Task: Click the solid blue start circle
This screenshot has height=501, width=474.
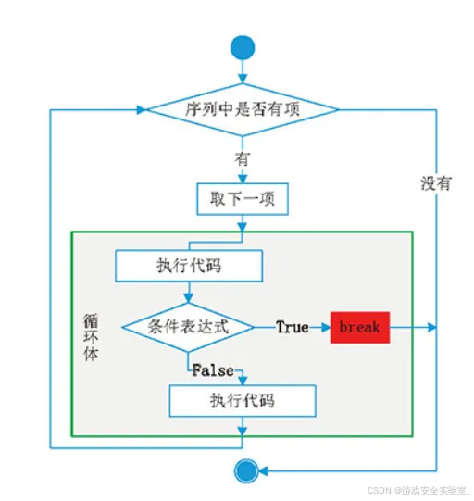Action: tap(243, 47)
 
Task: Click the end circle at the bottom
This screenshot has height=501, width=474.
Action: tap(246, 471)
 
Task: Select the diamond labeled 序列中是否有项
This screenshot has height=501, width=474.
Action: tap(243, 109)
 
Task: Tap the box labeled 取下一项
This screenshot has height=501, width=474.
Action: tap(243, 199)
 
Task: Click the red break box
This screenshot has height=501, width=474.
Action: tap(360, 328)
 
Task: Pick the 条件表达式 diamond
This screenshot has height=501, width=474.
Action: tap(188, 327)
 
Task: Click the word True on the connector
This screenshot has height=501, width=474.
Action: tap(293, 327)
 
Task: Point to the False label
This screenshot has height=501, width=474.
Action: tap(213, 370)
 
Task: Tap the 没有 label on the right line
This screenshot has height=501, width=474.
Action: tap(436, 183)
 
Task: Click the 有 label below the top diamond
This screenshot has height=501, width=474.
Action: tap(243, 158)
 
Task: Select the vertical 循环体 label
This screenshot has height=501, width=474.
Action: tap(91, 337)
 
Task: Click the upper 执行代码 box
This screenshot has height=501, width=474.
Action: tap(189, 266)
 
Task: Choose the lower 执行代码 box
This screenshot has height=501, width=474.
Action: tap(243, 401)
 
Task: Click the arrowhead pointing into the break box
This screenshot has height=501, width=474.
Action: tap(326, 328)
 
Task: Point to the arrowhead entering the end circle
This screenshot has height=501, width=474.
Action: tap(263, 471)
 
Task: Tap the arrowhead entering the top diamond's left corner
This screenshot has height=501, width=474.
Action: tap(142, 109)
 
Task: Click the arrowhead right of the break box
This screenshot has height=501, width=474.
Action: tap(431, 328)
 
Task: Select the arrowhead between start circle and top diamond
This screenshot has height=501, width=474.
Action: tap(243, 79)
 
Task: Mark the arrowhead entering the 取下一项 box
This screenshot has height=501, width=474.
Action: tap(243, 179)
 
